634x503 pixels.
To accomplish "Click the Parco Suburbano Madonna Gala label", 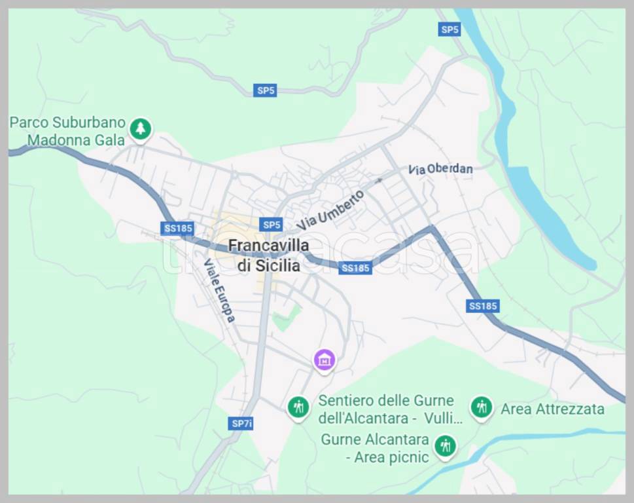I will (67, 130).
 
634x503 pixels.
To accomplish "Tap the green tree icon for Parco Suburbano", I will (139, 128).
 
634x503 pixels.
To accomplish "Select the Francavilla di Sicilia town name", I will (268, 255).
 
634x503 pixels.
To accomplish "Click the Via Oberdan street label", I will (440, 168).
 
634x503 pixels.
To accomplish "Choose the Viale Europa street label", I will (219, 291).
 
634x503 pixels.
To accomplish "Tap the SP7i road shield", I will (241, 423).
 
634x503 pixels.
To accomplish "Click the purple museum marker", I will (324, 359).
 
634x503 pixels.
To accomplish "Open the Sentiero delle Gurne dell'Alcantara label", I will (386, 409).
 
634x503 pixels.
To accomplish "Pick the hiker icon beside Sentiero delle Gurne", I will (298, 407).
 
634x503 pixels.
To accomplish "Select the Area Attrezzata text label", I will (552, 409).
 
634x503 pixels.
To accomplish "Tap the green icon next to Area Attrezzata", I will (481, 407).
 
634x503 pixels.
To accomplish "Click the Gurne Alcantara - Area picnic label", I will (375, 448).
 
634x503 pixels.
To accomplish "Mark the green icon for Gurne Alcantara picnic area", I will (446, 446).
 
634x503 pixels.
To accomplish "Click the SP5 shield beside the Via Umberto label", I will (270, 225).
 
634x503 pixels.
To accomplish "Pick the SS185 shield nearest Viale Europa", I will (178, 228).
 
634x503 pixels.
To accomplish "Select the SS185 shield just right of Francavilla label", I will (356, 267).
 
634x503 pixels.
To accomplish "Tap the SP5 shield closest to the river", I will (449, 29).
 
